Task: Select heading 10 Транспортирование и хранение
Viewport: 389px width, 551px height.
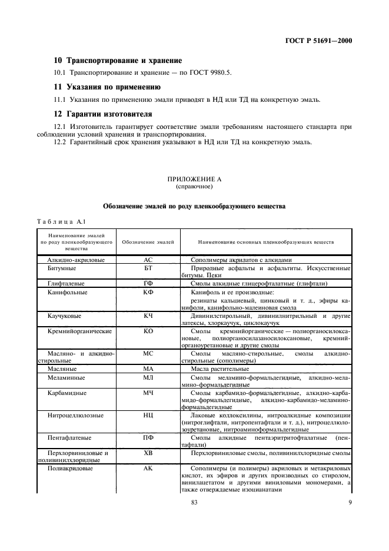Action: (118, 61)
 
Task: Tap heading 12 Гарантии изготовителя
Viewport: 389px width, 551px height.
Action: (103, 114)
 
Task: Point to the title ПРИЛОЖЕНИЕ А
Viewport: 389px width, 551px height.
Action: (194, 178)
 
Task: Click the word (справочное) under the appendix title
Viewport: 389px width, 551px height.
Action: (194, 186)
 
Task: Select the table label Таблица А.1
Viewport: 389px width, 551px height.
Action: (61, 222)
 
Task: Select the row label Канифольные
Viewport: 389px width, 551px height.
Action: (67, 292)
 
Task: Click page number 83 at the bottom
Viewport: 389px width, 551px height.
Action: (194, 502)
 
